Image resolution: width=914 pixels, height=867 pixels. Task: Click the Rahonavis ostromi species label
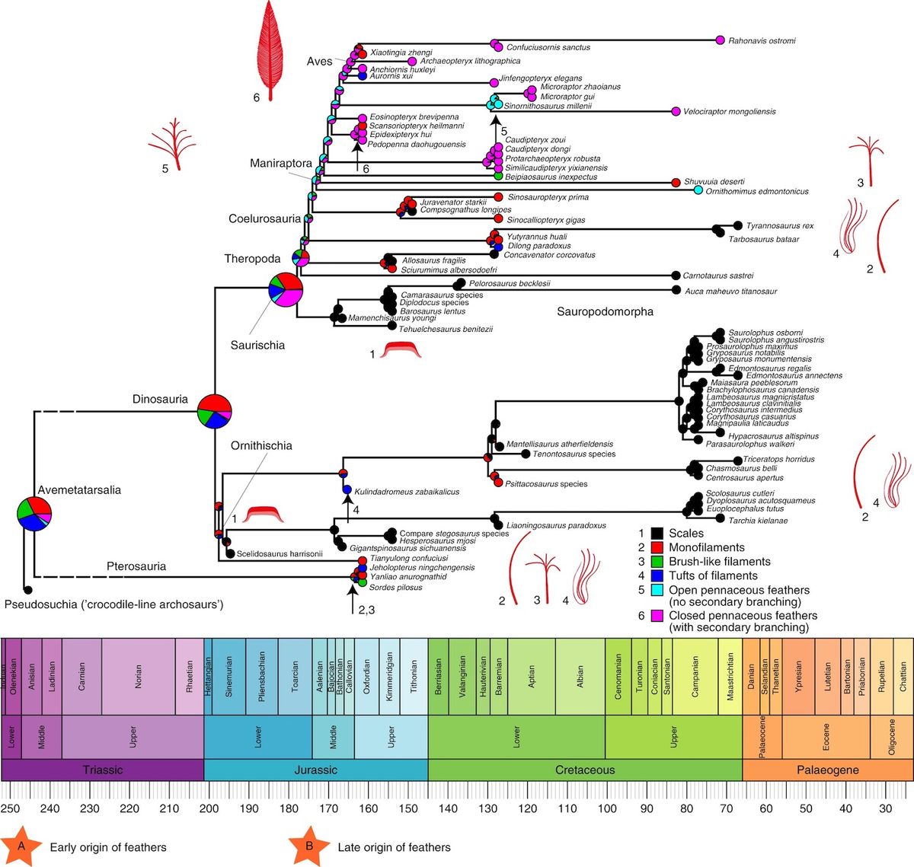click(x=762, y=41)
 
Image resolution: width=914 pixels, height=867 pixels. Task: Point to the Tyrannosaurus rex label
click(x=779, y=226)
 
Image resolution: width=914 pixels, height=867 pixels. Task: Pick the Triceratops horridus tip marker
click(x=737, y=460)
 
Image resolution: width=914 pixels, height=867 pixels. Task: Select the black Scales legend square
click(x=655, y=534)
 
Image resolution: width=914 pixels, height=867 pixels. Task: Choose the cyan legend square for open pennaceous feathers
click(x=655, y=590)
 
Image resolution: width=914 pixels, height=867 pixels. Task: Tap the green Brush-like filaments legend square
click(x=655, y=562)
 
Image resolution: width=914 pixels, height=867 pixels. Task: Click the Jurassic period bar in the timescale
click(x=315, y=770)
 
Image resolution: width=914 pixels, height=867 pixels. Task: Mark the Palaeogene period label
click(x=827, y=770)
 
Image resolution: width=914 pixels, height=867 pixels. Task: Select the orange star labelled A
click(x=21, y=846)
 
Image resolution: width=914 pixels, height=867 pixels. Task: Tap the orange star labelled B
click(x=309, y=846)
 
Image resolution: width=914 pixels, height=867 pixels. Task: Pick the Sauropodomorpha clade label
click(x=605, y=311)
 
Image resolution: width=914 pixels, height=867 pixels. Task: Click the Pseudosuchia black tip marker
click(x=27, y=590)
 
